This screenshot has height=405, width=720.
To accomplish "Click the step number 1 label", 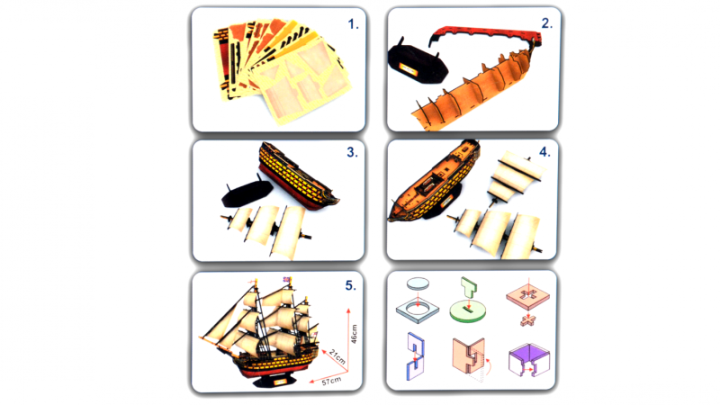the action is [353, 24].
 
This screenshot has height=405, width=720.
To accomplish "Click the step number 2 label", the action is [546, 23].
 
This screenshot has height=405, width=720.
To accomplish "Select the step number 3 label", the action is [352, 152].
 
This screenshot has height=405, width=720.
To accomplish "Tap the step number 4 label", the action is [544, 152].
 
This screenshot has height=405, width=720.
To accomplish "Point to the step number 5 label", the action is [350, 285].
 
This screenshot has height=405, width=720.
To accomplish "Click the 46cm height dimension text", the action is [354, 334].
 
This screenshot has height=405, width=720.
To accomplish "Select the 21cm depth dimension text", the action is [337, 356].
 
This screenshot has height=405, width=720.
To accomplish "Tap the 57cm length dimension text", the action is [330, 381].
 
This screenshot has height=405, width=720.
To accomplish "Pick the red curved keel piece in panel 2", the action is [487, 33].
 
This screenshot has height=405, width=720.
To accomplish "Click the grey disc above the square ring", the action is [418, 283].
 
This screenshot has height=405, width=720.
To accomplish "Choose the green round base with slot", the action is [468, 310].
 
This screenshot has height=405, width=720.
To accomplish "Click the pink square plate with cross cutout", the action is [528, 295].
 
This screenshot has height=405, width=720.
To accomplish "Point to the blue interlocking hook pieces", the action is [415, 356].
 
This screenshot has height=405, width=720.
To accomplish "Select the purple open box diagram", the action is [529, 359].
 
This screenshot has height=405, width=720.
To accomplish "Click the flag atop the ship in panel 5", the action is [287, 280].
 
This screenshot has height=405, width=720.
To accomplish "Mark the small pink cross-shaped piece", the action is [528, 320].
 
